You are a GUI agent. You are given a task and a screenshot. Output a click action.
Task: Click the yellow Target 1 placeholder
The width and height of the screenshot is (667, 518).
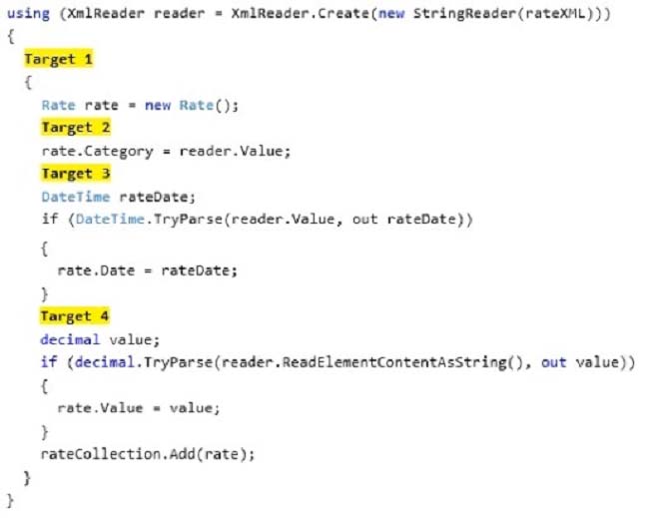pos(58,59)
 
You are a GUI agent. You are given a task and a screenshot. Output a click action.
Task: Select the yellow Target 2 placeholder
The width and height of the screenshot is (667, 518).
pos(76,127)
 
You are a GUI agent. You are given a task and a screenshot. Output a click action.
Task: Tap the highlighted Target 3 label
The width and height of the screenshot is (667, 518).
pos(76,173)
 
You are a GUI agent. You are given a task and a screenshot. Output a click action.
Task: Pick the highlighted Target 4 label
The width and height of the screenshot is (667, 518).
pos(75,316)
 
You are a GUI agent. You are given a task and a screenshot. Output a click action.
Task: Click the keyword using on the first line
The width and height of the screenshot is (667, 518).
pos(29,13)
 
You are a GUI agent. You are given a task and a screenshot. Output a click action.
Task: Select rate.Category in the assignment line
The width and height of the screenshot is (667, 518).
pos(98,151)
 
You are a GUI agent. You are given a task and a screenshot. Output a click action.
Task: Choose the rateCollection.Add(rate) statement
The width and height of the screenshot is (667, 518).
pos(148,454)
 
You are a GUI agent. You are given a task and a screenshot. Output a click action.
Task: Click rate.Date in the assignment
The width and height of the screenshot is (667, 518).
pos(96,270)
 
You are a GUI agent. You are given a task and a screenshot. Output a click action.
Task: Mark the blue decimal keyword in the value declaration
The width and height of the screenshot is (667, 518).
pos(70,339)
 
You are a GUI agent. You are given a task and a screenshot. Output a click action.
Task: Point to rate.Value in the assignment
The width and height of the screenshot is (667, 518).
pos(100,408)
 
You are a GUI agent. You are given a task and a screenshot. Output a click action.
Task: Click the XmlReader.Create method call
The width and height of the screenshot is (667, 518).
pos(301,13)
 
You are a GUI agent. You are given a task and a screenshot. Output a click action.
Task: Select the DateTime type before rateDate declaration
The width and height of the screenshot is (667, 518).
pos(76,197)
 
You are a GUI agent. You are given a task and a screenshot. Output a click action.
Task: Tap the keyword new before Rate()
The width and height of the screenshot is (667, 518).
pos(158,105)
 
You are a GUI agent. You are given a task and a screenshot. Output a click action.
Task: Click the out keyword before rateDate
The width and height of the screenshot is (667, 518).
pos(365,219)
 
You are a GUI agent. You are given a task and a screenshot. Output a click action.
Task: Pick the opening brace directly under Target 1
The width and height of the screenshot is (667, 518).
pos(28,82)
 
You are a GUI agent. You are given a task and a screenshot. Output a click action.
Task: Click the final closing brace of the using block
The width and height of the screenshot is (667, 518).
pos(11,501)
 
